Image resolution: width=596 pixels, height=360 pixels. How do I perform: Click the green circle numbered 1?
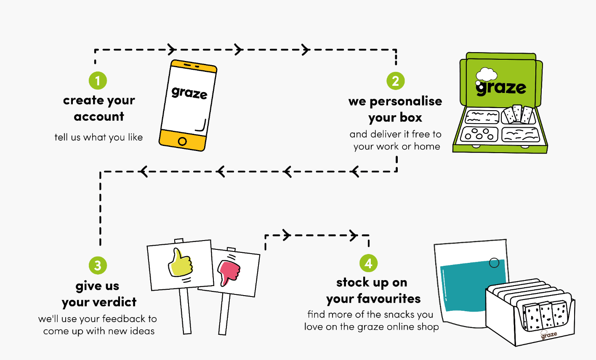pyautogui.click(x=98, y=81)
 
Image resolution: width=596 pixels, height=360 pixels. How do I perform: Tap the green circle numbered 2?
pyautogui.click(x=395, y=81)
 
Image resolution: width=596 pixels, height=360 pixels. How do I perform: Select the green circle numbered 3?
pyautogui.click(x=98, y=265)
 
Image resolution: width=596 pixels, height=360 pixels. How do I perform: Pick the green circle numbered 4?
pyautogui.click(x=368, y=263)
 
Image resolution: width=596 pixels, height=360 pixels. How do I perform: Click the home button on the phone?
pyautogui.click(x=182, y=141)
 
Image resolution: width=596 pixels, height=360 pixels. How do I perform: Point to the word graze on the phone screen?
pyautogui.click(x=189, y=93)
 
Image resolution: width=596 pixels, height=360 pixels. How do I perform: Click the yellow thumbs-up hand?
pyautogui.click(x=180, y=264)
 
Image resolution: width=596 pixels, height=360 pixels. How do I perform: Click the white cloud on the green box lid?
pyautogui.click(x=487, y=75)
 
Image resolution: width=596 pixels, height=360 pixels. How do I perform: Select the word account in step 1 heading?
pyautogui.click(x=99, y=116)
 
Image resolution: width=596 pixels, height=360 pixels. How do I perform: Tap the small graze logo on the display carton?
pyautogui.click(x=549, y=335)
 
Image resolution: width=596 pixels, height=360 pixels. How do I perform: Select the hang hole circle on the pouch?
pyautogui.click(x=494, y=263)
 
